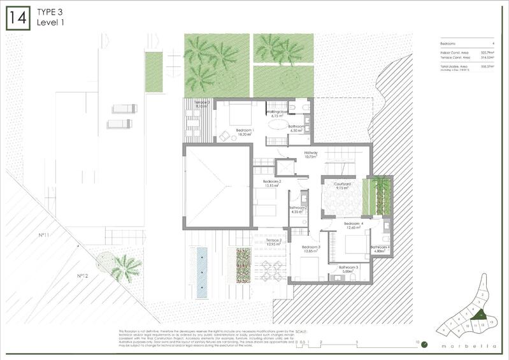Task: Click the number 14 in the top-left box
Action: (17, 18)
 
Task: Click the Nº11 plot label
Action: (44, 235)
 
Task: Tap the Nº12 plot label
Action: (82, 276)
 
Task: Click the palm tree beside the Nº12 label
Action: (125, 267)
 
